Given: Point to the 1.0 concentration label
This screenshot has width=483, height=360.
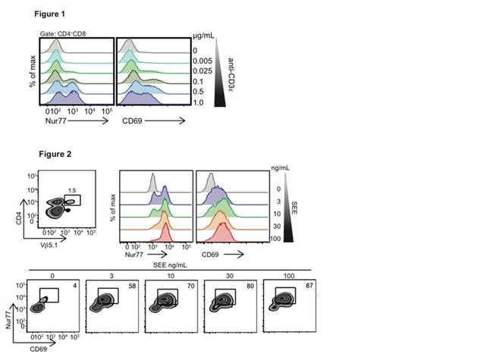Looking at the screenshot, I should coord(199,101).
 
